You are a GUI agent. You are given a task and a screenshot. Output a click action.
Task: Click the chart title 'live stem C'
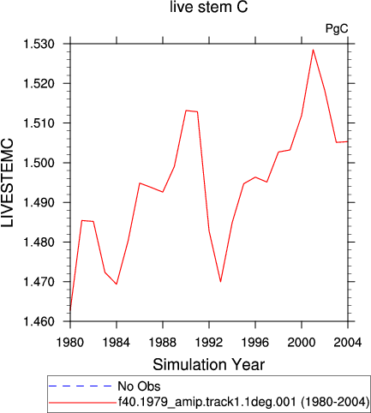pos(208,7)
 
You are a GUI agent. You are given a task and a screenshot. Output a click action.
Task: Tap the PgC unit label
pos(337,28)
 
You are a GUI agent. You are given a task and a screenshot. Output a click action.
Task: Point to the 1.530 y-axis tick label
pos(39,45)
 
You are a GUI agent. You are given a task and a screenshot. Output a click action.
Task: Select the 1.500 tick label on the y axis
pos(39,163)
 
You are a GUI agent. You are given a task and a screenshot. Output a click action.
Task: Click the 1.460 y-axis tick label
pos(39,321)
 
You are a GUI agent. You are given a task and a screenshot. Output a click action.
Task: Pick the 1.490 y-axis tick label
pos(39,203)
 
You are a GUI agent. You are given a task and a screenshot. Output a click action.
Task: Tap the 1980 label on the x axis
pos(70,342)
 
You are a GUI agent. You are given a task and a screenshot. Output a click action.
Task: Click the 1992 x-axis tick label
pos(209,342)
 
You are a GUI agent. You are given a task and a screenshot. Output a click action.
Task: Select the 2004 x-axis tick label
pos(348,342)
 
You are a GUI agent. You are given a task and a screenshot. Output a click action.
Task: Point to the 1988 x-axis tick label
pos(163,342)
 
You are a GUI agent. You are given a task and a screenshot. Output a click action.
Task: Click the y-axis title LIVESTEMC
pos(8,183)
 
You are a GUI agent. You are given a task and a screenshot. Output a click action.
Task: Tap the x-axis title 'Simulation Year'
pos(209,365)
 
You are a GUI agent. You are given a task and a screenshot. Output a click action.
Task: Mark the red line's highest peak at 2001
pos(313,50)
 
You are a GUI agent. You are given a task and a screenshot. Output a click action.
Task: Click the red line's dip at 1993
pos(220,282)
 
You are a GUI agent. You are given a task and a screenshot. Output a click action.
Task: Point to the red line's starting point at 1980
pos(70,310)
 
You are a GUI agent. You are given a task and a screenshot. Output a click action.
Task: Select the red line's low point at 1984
pos(117,284)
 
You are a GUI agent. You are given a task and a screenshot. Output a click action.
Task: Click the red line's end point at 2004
pos(348,141)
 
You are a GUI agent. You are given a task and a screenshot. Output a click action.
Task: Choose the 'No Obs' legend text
pos(139,386)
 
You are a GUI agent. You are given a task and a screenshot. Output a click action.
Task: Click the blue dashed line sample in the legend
pos(81,386)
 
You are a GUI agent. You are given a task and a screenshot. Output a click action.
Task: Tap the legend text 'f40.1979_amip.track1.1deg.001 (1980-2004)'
pos(244,403)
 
